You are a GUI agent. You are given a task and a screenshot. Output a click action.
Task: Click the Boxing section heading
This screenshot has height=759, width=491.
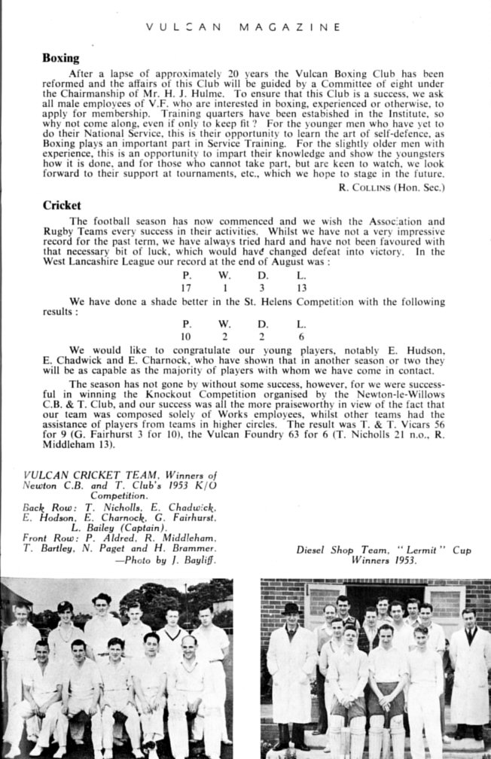point(60,57)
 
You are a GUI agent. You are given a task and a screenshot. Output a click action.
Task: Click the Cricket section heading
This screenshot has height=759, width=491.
point(62,204)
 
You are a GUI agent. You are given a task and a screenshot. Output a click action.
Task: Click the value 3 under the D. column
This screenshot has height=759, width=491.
point(261,288)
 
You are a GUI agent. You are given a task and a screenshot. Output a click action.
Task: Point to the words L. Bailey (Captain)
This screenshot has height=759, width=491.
point(121,527)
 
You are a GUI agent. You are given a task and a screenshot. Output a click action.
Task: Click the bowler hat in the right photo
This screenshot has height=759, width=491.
point(291,607)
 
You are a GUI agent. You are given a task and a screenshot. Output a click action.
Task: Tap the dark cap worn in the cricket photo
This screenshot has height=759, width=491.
point(65,606)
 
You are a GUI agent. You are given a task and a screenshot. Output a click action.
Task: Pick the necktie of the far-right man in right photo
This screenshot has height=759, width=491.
point(469,633)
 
